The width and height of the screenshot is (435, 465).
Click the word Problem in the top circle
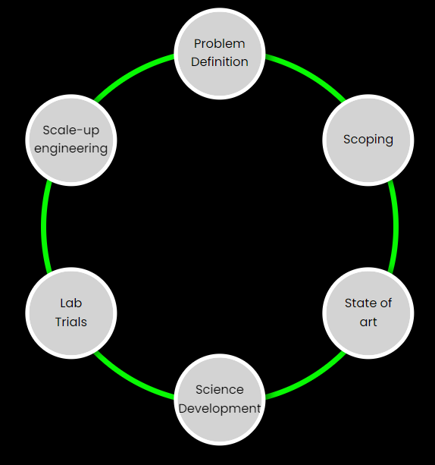220,44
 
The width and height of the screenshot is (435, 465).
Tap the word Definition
220,62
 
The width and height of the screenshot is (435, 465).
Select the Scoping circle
368,140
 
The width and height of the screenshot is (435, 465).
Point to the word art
368,322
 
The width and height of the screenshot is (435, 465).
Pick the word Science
220,390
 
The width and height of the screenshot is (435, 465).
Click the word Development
220,409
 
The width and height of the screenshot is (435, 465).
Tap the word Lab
71,303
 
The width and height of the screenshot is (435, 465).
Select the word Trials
71,322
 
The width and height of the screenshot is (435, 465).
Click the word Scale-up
71,130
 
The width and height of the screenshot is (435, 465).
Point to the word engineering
71,149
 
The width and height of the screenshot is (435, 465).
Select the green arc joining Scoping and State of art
396,226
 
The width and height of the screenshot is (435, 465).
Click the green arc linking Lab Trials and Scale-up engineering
43,226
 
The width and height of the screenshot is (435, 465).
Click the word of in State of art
386,303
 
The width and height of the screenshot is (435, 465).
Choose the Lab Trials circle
71,313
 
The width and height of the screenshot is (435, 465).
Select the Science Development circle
220,400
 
